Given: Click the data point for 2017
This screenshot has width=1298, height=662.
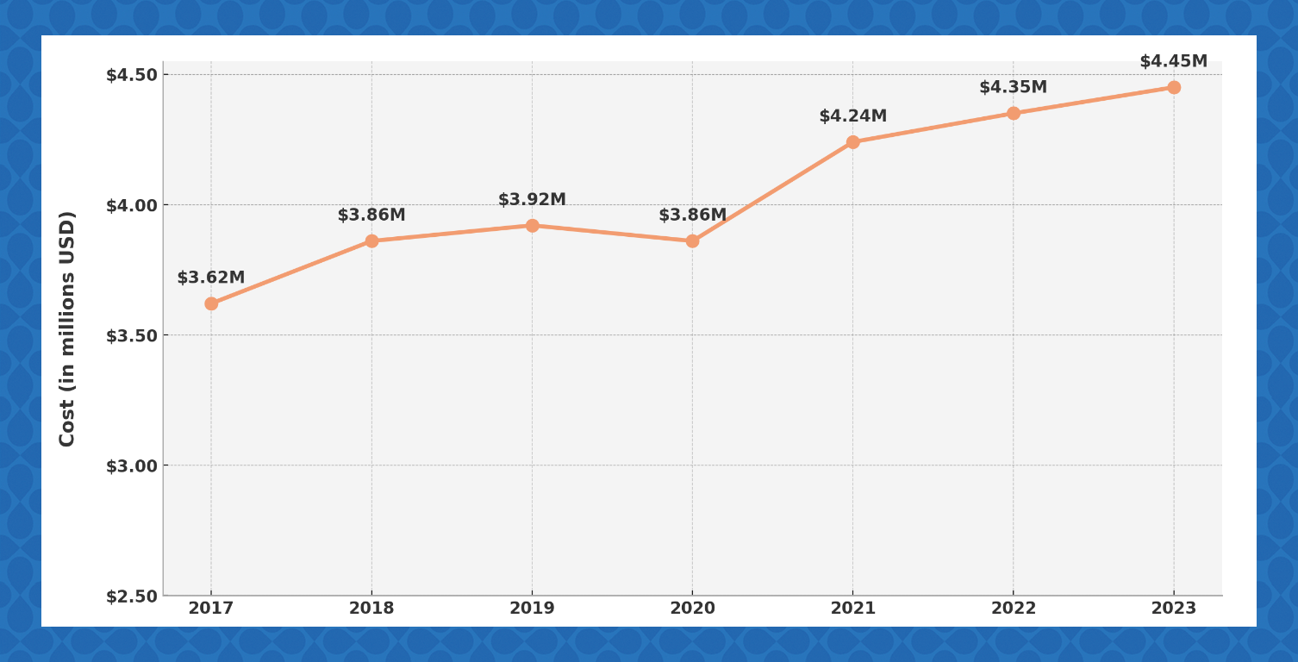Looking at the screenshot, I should (211, 303).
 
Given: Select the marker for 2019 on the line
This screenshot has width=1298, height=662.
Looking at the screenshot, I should (532, 226).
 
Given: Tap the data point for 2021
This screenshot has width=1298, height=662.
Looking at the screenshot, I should (852, 142).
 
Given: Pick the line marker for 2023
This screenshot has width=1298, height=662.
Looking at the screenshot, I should (1174, 87).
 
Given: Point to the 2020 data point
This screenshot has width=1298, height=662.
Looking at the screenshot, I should (692, 241).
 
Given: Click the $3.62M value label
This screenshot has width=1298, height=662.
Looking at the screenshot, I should (211, 278).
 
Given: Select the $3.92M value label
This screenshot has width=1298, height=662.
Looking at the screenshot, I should (532, 200).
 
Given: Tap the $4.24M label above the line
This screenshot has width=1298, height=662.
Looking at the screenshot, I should (852, 116).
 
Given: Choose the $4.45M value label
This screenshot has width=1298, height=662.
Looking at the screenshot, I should (1173, 61).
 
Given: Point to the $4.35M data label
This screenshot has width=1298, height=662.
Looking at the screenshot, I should (1013, 87).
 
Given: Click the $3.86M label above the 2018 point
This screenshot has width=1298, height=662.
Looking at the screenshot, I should (371, 215).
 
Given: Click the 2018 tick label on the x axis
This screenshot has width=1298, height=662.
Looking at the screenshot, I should (371, 609).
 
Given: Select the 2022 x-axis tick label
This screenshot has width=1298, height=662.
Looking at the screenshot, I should (1013, 609).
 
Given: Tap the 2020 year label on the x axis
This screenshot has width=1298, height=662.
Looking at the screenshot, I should (692, 609).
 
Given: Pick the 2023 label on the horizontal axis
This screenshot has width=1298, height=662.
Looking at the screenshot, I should (1173, 609).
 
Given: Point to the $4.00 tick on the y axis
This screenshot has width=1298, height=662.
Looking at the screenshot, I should (131, 205).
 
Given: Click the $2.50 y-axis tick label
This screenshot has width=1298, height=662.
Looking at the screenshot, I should (131, 596).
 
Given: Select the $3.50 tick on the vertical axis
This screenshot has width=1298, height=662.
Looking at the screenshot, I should (131, 335).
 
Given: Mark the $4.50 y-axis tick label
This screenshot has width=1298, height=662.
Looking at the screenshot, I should (131, 75).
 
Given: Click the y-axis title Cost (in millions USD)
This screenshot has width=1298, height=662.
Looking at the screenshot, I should (67, 328).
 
